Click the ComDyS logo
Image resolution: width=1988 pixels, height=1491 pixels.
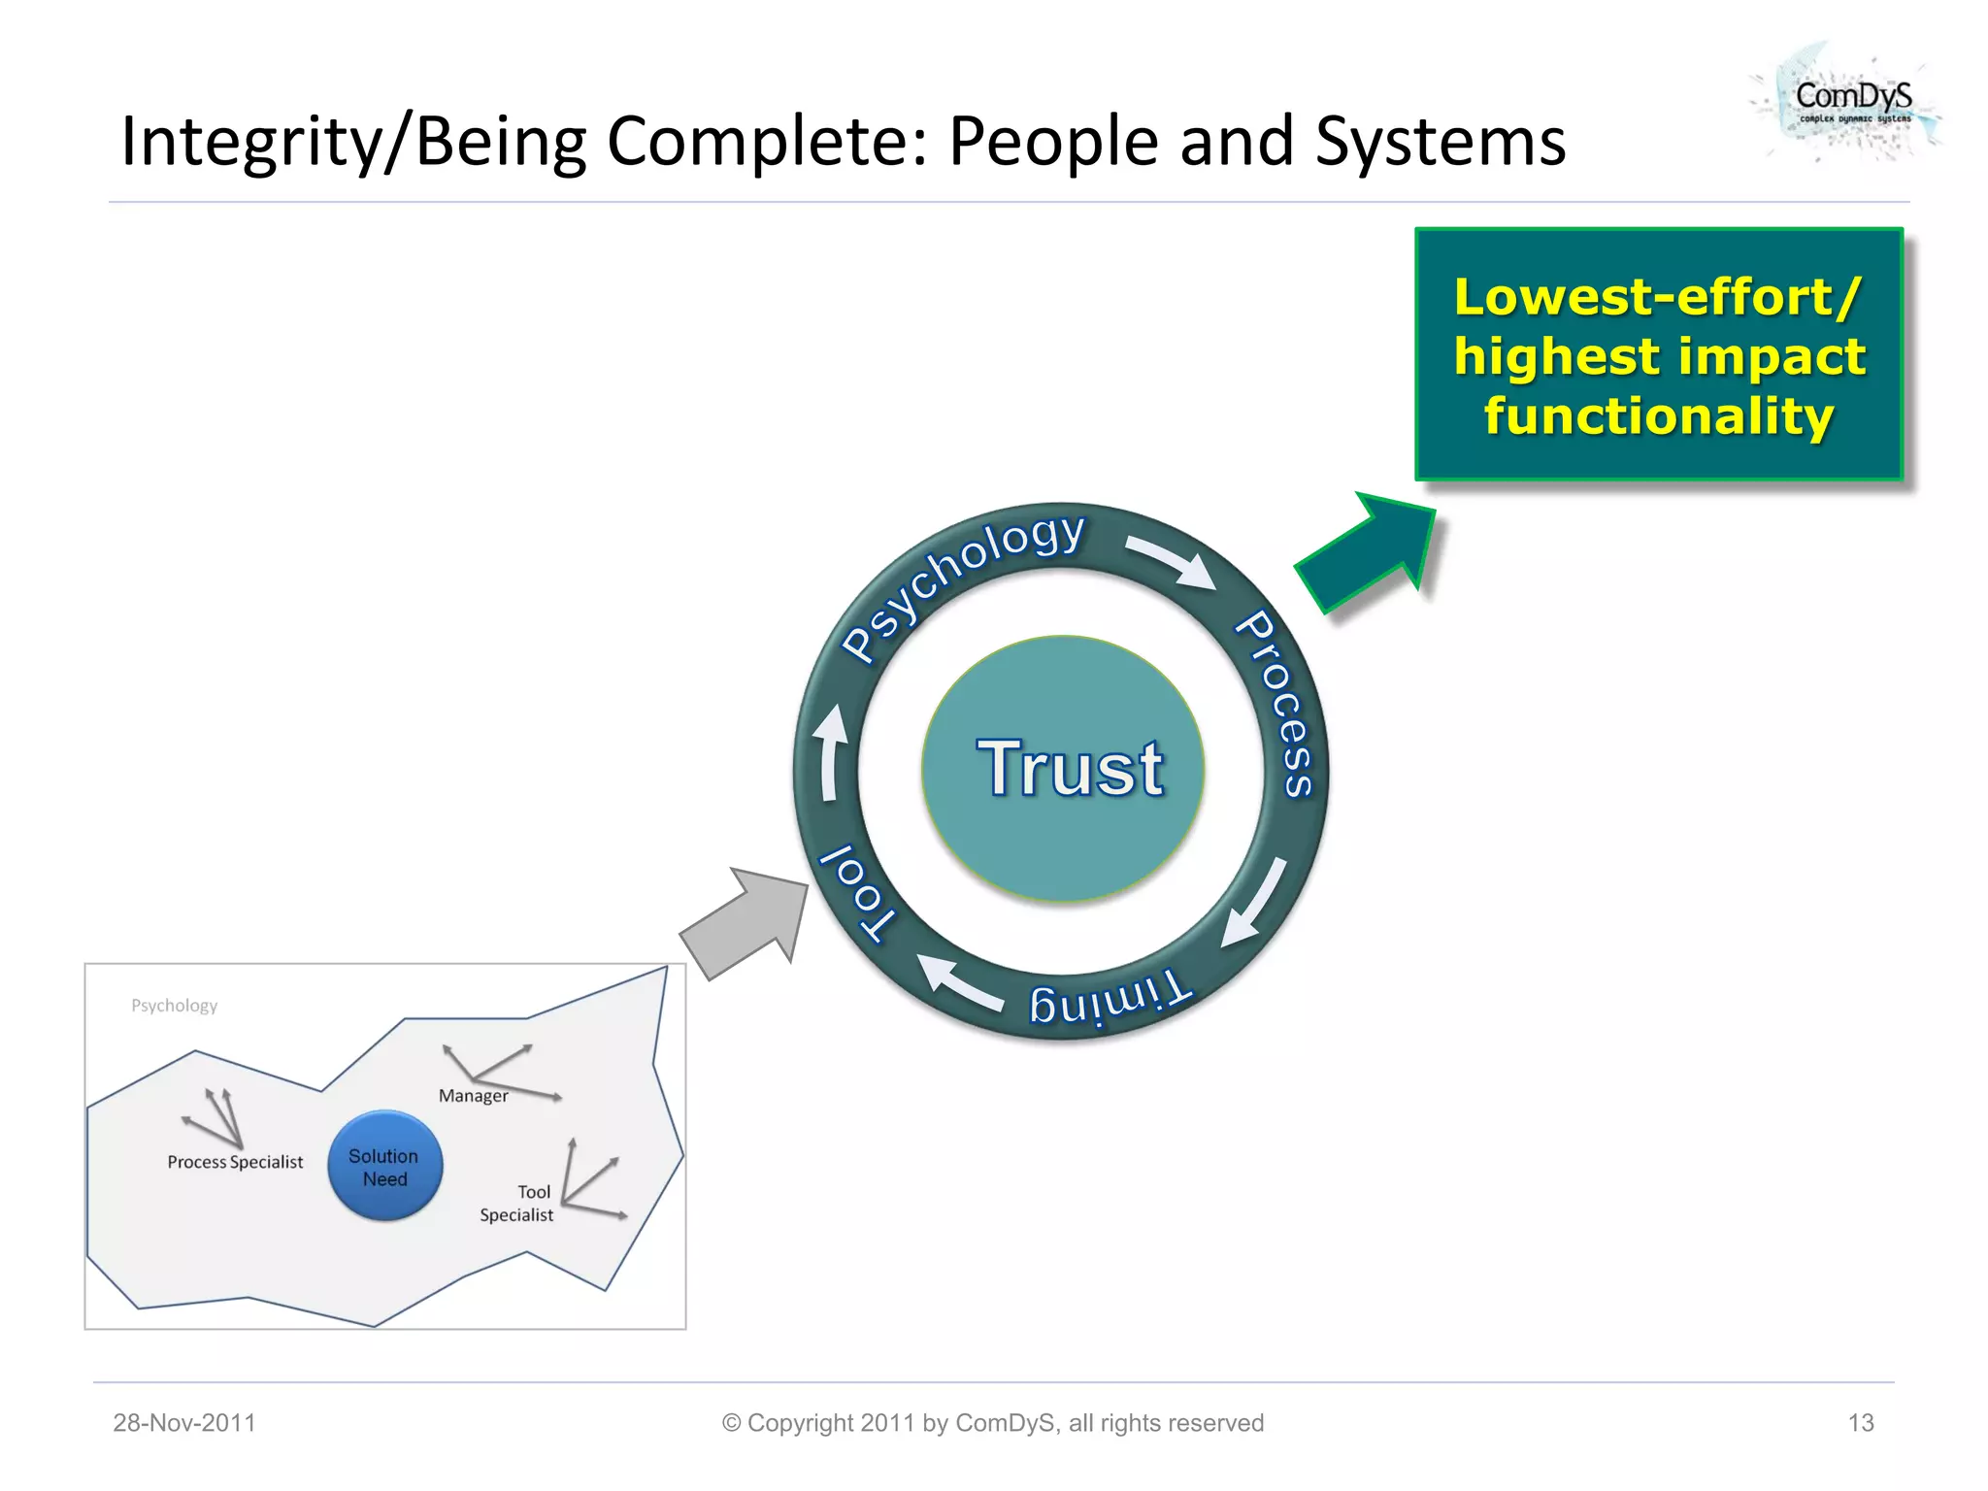(x=1849, y=102)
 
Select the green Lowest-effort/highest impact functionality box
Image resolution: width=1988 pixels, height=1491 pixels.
(x=1658, y=355)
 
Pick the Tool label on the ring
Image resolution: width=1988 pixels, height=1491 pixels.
(x=855, y=893)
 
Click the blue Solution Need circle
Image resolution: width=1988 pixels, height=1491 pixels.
(x=384, y=1166)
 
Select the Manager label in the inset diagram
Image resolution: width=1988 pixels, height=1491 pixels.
(x=473, y=1096)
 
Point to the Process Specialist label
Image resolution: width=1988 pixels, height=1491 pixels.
(x=235, y=1162)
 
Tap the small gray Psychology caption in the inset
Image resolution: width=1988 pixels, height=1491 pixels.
(x=175, y=1006)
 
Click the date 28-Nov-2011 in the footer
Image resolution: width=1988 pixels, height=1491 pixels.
(x=184, y=1423)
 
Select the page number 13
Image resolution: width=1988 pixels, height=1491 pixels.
(x=1860, y=1423)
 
